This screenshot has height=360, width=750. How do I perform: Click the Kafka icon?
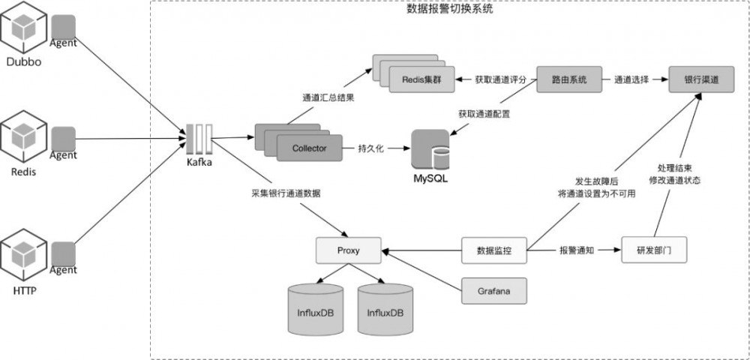[x=199, y=138]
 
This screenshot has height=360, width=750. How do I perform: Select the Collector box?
[x=309, y=148]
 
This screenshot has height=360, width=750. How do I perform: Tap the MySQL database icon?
[x=430, y=149]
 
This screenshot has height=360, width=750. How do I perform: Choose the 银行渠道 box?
[x=700, y=79]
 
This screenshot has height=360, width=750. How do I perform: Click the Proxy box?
[x=348, y=250]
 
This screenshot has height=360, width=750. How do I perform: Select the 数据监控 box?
[x=493, y=250]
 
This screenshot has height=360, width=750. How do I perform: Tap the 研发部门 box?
[x=654, y=250]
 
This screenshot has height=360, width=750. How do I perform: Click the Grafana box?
[x=493, y=289]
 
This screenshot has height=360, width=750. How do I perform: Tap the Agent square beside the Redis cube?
[x=64, y=138]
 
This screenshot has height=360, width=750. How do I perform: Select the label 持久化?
[x=370, y=148]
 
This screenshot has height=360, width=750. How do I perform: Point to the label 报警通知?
[x=577, y=250]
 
